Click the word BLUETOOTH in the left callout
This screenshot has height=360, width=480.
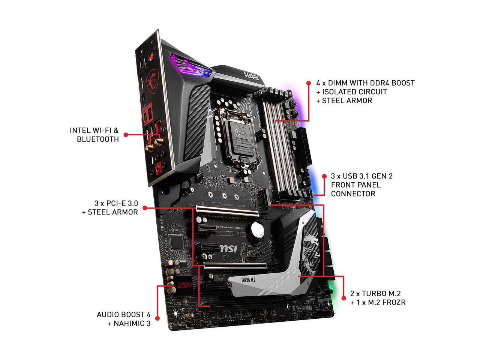[x=97, y=139]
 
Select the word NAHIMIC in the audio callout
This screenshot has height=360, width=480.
[x=125, y=323]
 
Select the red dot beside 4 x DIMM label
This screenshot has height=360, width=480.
[x=308, y=83]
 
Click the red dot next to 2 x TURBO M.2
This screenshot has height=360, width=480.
[x=343, y=298]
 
